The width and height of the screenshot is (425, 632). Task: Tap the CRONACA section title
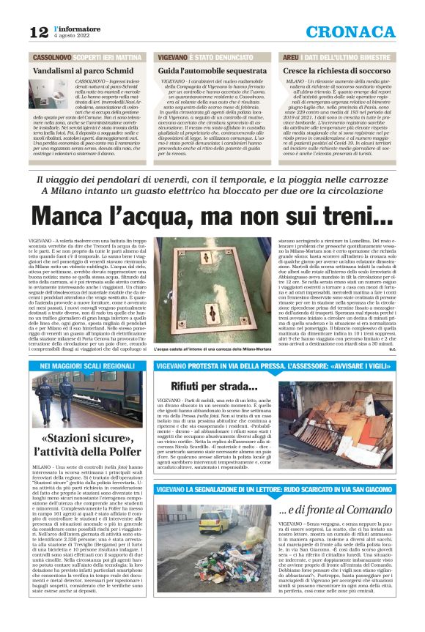click(x=350, y=31)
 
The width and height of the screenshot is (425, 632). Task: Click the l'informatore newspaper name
click(x=76, y=27)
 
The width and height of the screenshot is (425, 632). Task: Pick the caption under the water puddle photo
click(x=212, y=350)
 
